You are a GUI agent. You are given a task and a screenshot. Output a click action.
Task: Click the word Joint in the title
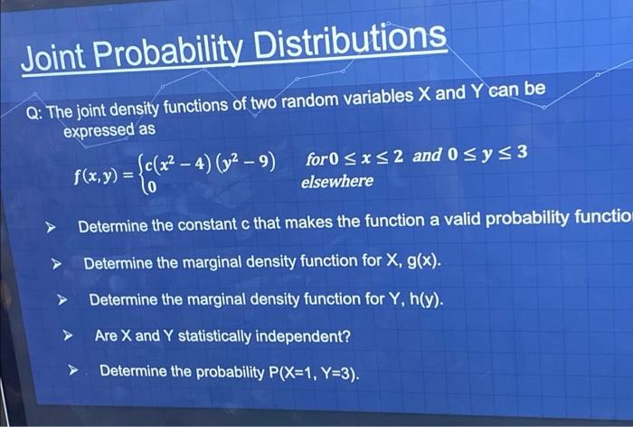pyautogui.click(x=54, y=56)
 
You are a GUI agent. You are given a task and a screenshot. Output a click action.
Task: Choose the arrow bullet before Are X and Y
pyautogui.click(x=66, y=337)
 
